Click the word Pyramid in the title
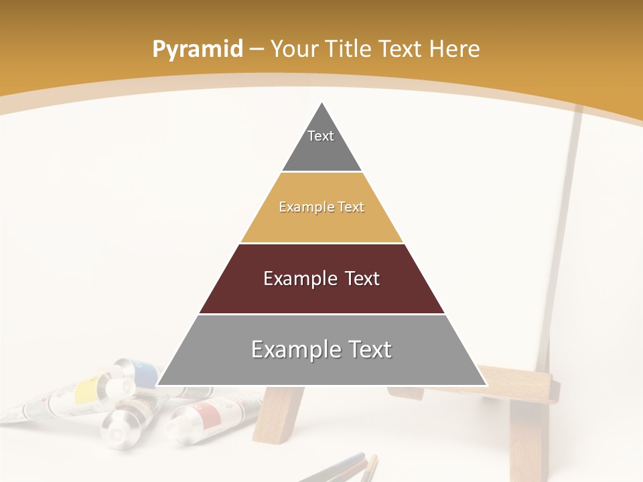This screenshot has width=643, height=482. point(197,49)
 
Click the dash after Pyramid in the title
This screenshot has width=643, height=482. point(257,49)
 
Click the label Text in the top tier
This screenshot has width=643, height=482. point(321,136)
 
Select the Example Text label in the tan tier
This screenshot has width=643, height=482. point(321,207)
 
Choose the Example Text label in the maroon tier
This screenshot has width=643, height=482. point(321,278)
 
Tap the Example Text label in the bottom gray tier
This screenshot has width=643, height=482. point(321,349)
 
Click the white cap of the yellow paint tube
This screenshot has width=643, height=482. point(122,387)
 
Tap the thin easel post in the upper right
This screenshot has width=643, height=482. point(567,201)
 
